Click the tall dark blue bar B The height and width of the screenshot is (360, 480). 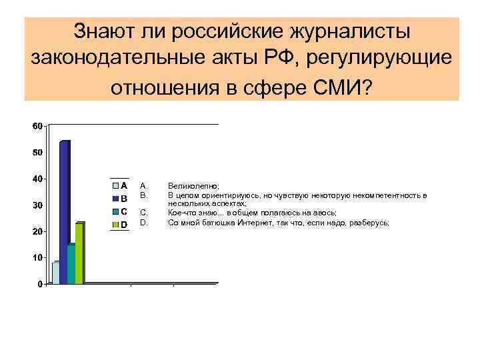(64, 212)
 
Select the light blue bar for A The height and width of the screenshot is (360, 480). (55, 273)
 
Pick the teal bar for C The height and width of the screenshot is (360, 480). (71, 264)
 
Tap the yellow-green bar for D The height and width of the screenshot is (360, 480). (79, 253)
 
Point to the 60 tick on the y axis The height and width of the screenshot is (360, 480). (37, 126)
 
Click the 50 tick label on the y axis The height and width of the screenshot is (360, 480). (37, 153)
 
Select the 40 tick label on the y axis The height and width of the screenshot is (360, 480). (37, 179)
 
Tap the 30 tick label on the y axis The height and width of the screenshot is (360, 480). (37, 205)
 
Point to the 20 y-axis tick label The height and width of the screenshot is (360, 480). (37, 231)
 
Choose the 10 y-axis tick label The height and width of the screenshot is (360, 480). (37, 257)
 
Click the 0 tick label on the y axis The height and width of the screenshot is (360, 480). (40, 284)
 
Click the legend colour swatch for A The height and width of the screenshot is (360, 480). (115, 186)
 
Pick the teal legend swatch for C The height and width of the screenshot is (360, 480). (115, 212)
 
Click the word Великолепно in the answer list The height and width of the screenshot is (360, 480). (193, 187)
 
